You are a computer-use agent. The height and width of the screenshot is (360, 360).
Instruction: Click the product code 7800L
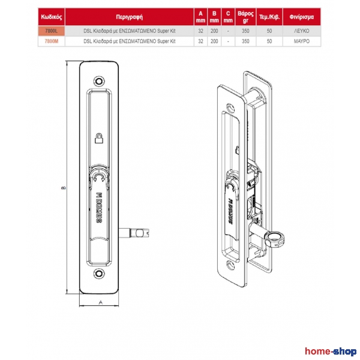tap(52, 31)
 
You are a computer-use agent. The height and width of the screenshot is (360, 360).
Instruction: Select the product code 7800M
tap(52, 41)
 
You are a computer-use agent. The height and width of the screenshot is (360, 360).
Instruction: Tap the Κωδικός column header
tap(52, 17)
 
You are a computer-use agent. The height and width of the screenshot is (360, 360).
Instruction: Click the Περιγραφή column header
tap(130, 17)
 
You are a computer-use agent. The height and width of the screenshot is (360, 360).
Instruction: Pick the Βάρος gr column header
tap(245, 17)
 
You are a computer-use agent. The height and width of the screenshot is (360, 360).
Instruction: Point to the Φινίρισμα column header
tap(301, 17)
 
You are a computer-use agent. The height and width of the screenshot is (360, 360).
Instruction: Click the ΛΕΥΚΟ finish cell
tap(301, 31)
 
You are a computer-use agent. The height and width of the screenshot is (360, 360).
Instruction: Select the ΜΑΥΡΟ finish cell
tap(301, 41)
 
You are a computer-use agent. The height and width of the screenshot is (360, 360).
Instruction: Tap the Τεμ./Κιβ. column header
tap(269, 17)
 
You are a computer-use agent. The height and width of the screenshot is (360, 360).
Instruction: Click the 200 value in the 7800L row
tap(214, 31)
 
